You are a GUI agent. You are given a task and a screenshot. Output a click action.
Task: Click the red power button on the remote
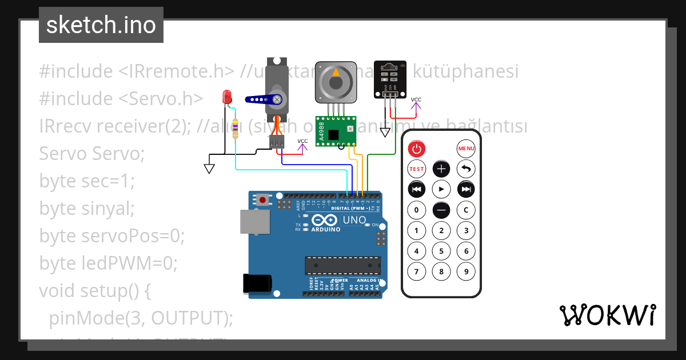417,149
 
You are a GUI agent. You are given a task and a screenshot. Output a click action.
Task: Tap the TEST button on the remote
417,169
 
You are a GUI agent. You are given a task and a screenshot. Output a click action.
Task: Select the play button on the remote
441,189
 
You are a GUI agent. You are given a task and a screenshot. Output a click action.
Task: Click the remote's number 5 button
441,251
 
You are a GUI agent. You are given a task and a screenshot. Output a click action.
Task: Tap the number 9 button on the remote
466,271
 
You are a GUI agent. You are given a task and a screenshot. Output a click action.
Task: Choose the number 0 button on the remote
417,210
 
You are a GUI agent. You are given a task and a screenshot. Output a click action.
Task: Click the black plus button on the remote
441,169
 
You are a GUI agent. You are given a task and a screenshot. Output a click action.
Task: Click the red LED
227,97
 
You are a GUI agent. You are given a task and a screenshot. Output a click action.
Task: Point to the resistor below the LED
235,131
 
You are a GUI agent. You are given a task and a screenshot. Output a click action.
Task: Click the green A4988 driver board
336,130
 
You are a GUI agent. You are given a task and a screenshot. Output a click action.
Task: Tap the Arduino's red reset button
262,199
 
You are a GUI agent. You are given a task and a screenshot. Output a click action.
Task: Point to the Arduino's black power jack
257,283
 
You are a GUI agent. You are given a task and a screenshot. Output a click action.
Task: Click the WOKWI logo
607,315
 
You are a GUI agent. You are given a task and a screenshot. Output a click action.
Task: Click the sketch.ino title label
101,25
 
